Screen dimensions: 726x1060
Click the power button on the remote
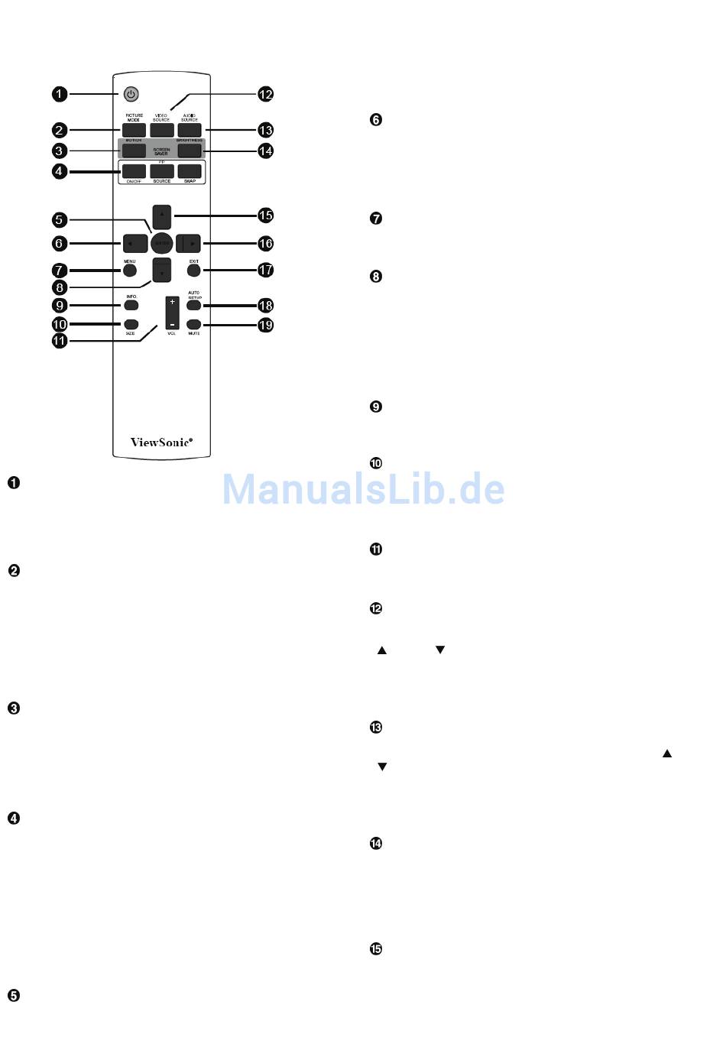click(x=131, y=94)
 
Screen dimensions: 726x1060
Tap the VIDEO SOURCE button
click(x=161, y=130)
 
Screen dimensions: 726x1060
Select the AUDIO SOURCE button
click(x=190, y=130)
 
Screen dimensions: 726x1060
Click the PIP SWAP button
click(x=190, y=171)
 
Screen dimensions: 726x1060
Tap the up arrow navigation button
click(x=161, y=216)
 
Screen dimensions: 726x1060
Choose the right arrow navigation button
click(x=189, y=244)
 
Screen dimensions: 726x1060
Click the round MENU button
click(x=130, y=270)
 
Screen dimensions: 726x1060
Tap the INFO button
click(x=131, y=306)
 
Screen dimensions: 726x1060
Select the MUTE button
click(x=193, y=325)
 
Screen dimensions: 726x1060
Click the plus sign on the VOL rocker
click(x=172, y=303)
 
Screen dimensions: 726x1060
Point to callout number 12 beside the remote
click(x=265, y=94)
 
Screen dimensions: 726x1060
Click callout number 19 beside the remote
click(x=265, y=325)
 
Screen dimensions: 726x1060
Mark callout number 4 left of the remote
click(x=59, y=171)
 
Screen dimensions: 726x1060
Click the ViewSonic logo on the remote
click(x=161, y=442)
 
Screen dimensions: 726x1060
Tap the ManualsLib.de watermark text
click(x=363, y=489)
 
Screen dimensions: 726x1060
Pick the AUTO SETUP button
click(x=193, y=306)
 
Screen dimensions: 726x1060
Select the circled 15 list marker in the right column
click(x=376, y=948)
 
